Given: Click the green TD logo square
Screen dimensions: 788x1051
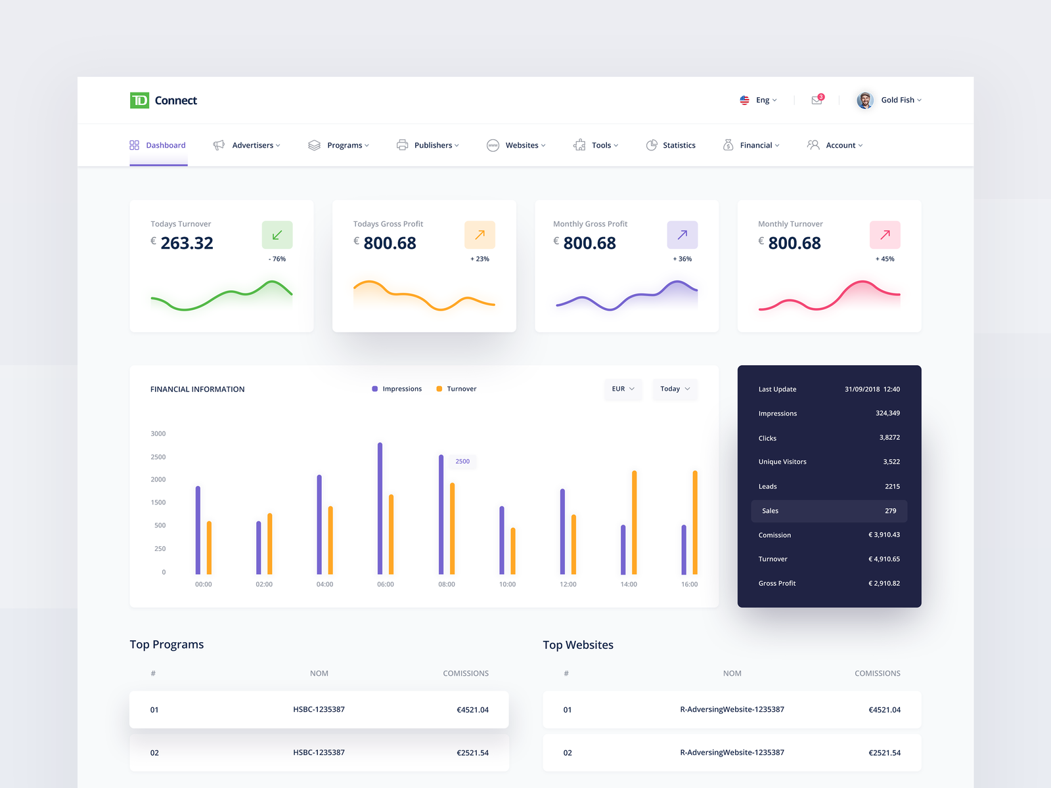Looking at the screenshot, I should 139,100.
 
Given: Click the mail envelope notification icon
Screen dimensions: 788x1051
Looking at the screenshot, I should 816,100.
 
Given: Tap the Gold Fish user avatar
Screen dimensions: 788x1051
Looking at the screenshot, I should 865,100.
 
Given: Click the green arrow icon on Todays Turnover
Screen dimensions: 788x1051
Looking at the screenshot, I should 277,234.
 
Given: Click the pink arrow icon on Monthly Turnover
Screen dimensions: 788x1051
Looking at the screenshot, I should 885,234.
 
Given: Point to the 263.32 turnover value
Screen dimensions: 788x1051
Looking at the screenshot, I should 187,244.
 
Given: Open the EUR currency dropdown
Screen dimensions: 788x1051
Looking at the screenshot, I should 623,389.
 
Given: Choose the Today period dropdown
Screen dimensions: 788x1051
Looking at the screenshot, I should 675,389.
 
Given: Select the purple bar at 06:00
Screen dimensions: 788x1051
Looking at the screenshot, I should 380,509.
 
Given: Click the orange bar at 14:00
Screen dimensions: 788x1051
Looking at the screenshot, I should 635,522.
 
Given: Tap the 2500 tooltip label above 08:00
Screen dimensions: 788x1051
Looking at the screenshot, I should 462,462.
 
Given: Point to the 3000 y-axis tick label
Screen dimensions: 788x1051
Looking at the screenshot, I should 158,434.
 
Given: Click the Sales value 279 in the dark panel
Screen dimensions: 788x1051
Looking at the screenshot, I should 890,511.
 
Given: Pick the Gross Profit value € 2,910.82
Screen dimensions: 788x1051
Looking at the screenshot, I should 884,583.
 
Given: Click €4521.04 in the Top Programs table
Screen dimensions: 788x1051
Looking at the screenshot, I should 472,710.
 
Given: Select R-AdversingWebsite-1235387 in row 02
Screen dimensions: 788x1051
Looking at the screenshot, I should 732,753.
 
